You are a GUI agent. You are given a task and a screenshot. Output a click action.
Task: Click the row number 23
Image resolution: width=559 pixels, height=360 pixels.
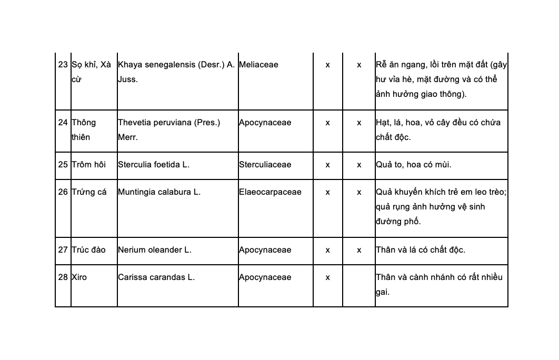[x=63, y=65]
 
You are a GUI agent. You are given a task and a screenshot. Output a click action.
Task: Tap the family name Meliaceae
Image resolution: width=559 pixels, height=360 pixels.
[x=258, y=65]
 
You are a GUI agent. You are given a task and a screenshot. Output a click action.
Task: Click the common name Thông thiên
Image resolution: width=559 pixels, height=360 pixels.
[x=84, y=129]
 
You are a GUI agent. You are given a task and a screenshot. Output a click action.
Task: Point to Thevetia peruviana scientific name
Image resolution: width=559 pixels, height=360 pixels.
[x=168, y=129]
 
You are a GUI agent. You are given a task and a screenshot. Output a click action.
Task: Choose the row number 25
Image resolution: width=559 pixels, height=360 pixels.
[x=63, y=165]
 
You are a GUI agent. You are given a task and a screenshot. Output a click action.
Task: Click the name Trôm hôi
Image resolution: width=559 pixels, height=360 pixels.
[x=88, y=165]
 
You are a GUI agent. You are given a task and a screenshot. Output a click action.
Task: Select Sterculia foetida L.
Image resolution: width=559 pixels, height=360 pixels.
[x=154, y=165]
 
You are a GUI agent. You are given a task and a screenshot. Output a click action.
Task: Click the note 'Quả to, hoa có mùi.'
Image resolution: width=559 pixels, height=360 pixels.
[x=413, y=165]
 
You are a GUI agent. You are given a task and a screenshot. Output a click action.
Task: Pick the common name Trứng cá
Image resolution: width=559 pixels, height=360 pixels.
[x=89, y=192]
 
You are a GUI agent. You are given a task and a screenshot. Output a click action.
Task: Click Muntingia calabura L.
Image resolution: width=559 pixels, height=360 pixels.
[x=159, y=192]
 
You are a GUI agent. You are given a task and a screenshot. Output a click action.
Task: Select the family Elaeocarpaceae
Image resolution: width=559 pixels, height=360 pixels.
[x=270, y=192]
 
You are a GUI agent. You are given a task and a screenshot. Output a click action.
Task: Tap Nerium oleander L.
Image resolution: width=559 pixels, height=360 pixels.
[x=155, y=250]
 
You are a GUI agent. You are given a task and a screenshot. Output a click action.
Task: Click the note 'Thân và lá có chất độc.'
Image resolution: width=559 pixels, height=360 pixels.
[x=420, y=250]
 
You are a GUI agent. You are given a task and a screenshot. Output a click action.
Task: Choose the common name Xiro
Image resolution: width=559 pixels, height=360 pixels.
[x=79, y=277]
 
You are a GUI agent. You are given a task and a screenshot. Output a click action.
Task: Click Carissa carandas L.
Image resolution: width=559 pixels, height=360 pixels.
[x=156, y=277]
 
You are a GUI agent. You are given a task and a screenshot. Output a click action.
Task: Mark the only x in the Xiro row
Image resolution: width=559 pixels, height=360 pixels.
[x=327, y=277]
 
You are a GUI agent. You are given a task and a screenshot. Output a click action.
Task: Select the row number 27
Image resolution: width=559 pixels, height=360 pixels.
[x=63, y=250]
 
